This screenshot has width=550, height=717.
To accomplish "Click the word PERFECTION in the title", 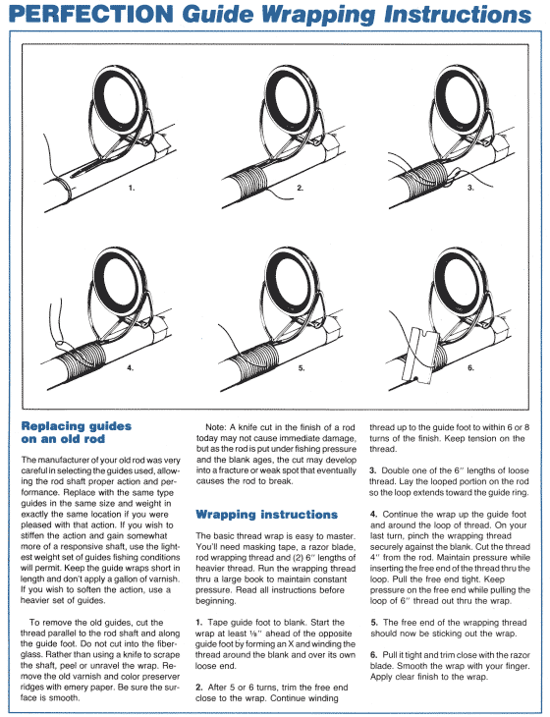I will coord(87,15).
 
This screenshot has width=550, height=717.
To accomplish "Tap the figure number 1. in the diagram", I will coord(131,185).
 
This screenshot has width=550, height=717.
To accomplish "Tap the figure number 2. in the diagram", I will coord(301,186).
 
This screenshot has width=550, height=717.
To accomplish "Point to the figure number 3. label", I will coord(470,186).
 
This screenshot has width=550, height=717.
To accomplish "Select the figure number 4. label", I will coord(131,367).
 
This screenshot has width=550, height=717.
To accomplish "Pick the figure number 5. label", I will coord(301,367).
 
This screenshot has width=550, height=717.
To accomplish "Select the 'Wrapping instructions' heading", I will coord(266,514).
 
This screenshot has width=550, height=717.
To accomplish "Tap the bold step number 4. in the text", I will coord(373,514).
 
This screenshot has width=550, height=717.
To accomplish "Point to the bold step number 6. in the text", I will coord(373,653).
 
